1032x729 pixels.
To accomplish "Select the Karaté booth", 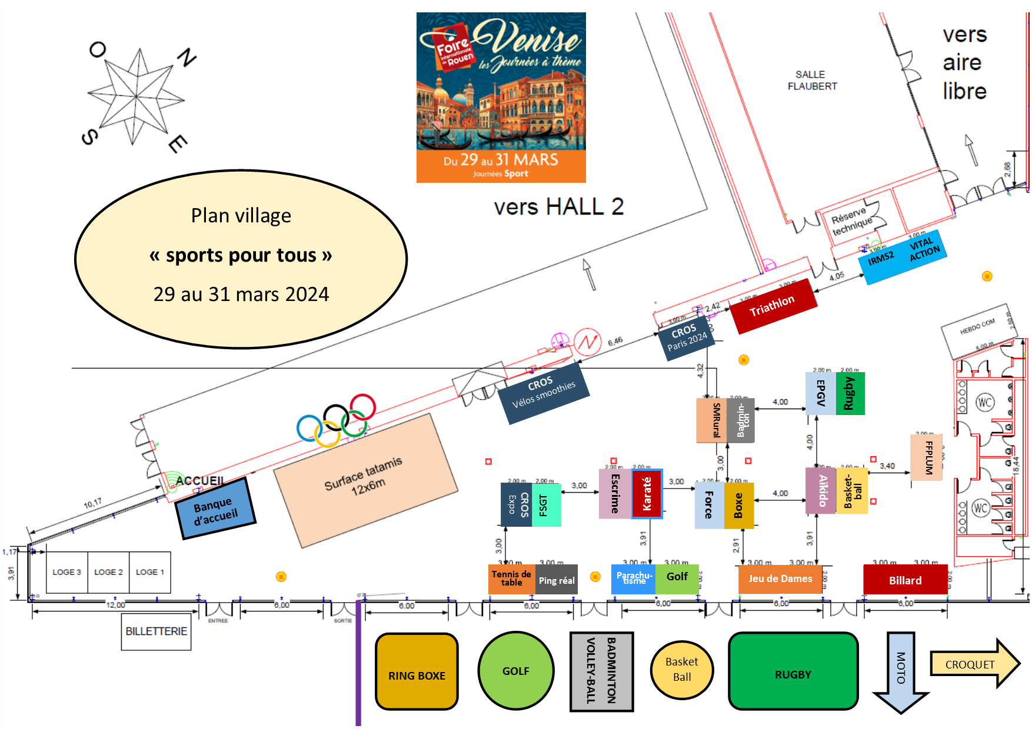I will pos(647,494).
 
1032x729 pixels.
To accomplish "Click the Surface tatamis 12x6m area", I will pos(365,479).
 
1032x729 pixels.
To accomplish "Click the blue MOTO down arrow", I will pos(900,670).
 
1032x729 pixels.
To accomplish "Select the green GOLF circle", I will pos(516,671).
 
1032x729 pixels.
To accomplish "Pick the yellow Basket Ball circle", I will pos(682,670).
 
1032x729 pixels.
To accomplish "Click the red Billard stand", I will pos(905,580).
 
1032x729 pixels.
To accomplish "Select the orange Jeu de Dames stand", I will pos(780,579).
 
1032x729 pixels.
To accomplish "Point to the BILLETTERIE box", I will pos(156,631).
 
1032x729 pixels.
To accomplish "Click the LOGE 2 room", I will pos(108,572).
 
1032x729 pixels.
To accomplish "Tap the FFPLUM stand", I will pos(927,457).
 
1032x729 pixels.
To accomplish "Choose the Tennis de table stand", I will pos(511,579).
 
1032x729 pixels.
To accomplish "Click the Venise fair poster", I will pos(501,97).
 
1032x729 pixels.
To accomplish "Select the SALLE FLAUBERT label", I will pos(812,81).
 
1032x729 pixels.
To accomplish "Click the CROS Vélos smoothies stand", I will pos(543,393).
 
